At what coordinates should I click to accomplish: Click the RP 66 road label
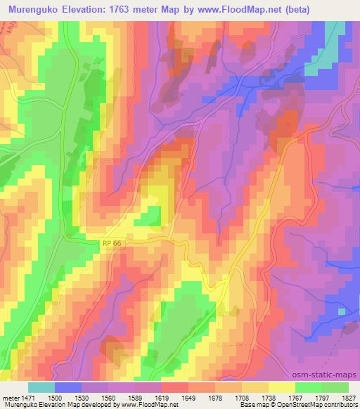pos(108,242)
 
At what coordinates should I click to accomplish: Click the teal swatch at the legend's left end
pos(41,387)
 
